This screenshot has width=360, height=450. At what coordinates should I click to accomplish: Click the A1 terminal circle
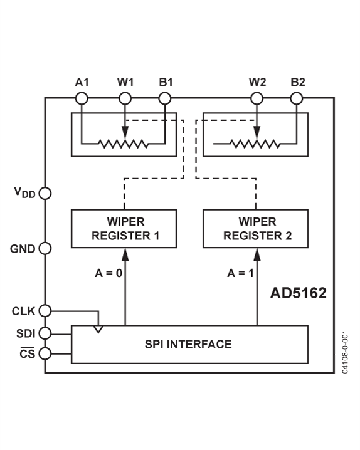82,98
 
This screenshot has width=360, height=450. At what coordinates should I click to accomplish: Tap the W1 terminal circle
125,98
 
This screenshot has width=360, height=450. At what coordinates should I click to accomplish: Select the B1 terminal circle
164,98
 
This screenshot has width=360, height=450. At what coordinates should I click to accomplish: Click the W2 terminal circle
256,98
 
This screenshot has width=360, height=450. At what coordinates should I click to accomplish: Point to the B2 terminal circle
297,98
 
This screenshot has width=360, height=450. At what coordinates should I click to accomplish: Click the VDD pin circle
45,192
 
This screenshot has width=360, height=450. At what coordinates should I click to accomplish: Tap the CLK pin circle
45,310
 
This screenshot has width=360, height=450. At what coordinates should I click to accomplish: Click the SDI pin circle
45,333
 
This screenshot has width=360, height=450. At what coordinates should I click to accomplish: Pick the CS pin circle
45,353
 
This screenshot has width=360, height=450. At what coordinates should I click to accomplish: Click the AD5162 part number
299,293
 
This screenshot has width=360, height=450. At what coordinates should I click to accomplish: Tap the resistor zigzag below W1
124,144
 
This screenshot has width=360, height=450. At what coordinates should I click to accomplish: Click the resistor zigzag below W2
255,144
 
